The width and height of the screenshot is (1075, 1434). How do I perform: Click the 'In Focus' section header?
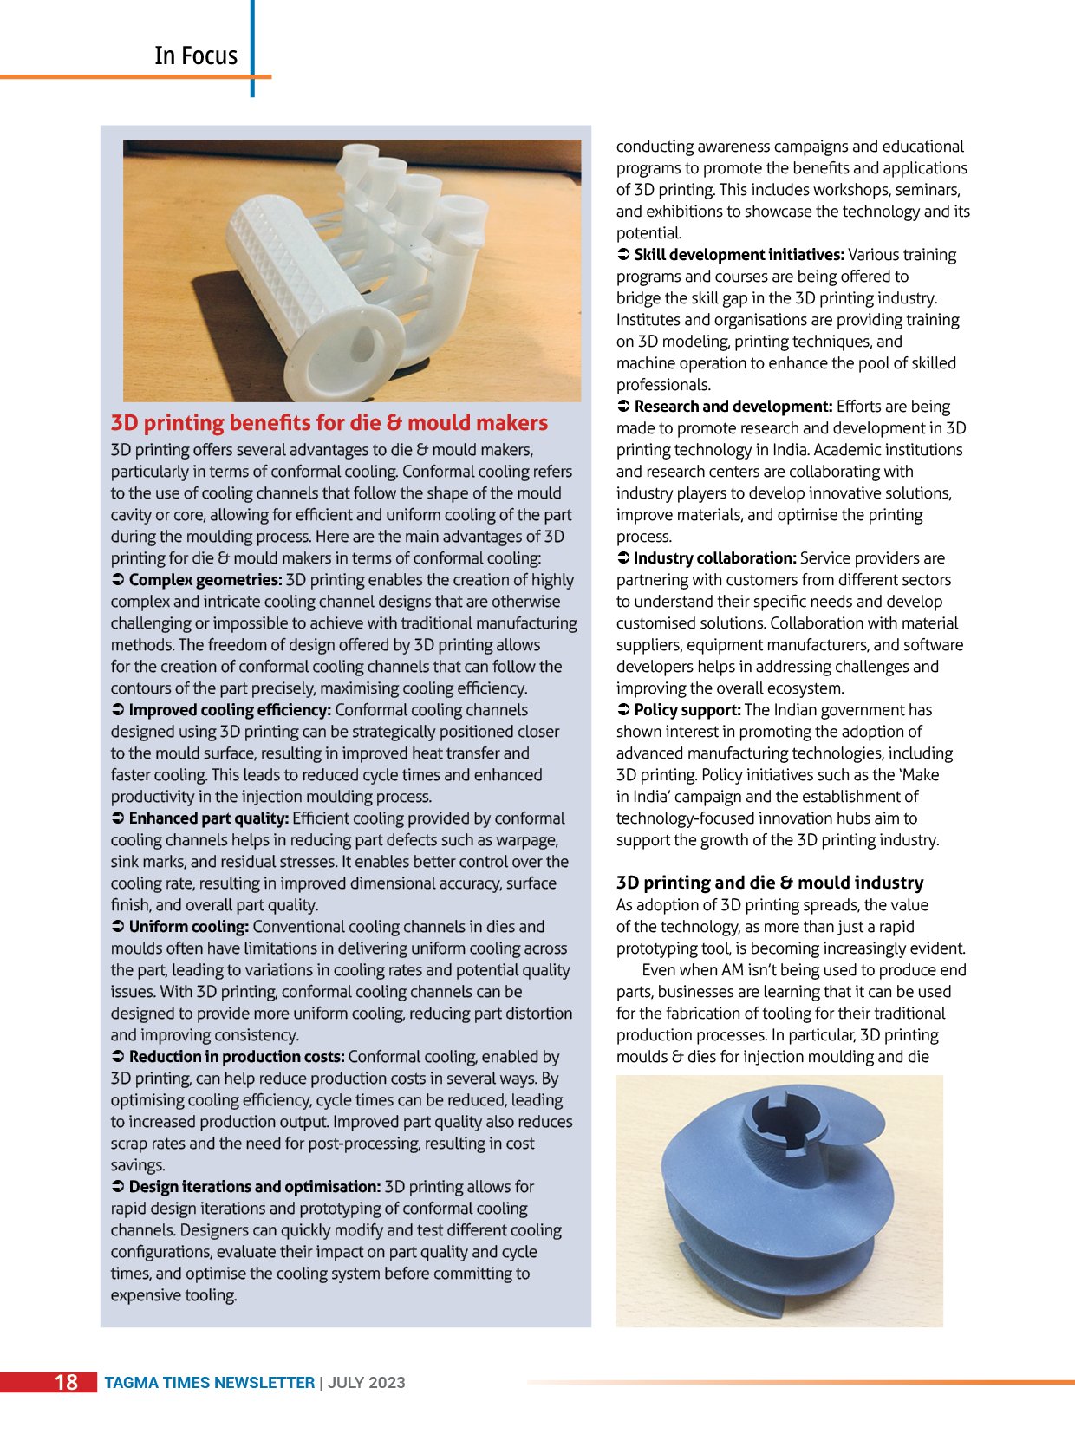(195, 55)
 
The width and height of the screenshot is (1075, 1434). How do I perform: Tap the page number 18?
(66, 1382)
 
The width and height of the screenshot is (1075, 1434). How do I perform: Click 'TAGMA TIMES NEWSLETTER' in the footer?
(209, 1383)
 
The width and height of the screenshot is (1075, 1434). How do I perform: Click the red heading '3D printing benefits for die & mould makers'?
(329, 423)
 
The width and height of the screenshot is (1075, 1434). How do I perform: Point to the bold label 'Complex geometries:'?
(205, 580)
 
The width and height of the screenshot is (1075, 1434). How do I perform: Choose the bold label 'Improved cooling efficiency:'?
(230, 710)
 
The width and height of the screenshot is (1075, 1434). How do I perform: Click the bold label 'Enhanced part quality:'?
(208, 818)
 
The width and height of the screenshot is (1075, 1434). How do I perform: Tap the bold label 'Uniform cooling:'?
(188, 927)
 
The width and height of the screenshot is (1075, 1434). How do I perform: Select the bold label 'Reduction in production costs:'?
(237, 1057)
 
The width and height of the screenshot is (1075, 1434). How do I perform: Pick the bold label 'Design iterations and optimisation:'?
(254, 1187)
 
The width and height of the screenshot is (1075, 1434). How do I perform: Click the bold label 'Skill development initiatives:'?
(739, 255)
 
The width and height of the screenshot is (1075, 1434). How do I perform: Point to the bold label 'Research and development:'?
(733, 407)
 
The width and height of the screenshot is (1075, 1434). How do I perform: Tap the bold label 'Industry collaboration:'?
(714, 558)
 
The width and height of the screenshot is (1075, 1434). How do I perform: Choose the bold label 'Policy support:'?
(687, 710)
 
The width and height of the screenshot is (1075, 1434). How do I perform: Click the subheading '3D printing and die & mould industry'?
(769, 883)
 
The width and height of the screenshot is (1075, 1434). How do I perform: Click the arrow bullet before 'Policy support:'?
(622, 710)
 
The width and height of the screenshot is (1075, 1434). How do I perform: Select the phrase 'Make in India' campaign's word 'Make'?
(920, 775)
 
